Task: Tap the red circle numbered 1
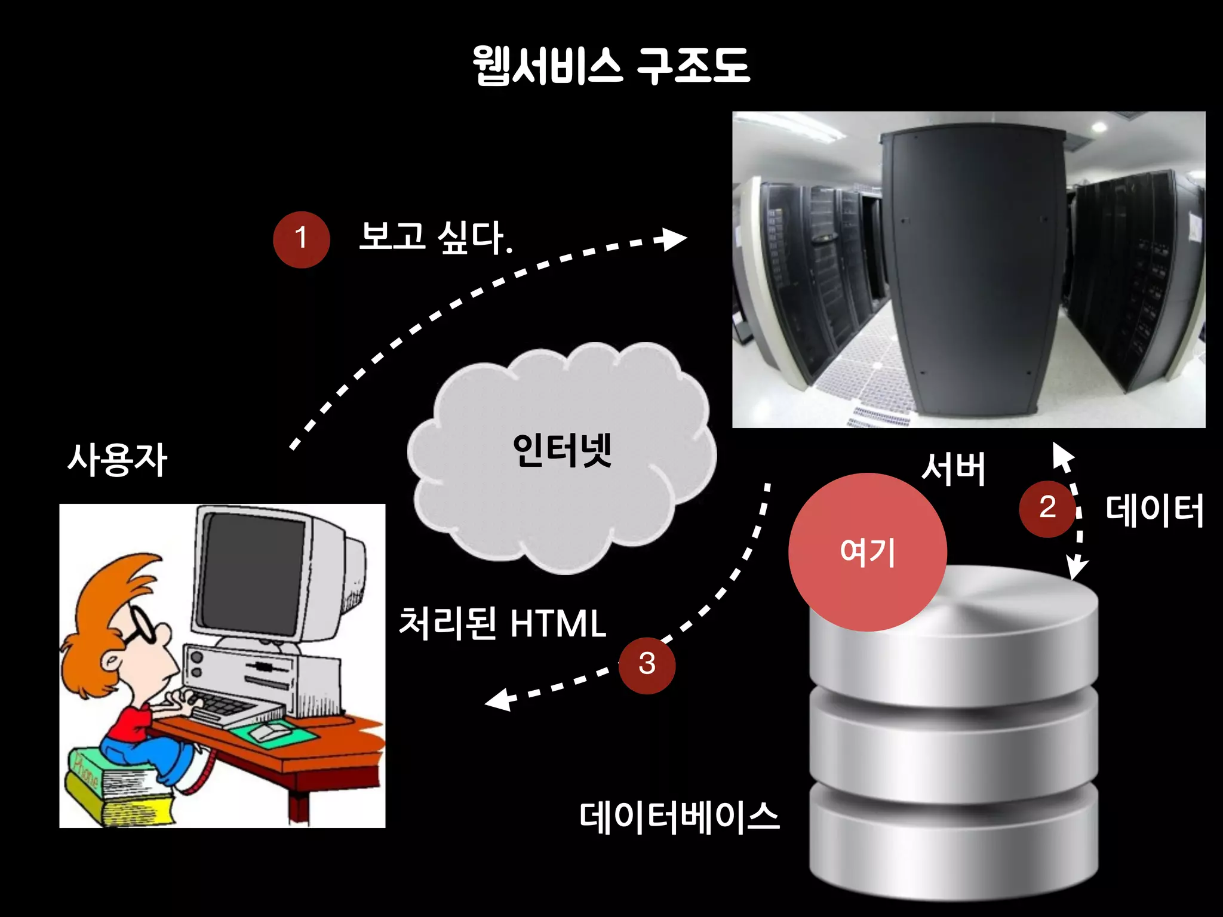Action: pyautogui.click(x=301, y=239)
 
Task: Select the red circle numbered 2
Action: pyautogui.click(x=1046, y=508)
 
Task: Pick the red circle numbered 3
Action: pyautogui.click(x=647, y=664)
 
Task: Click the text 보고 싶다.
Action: pyautogui.click(x=435, y=237)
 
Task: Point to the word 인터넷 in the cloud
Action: pyautogui.click(x=562, y=450)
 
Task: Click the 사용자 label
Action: pyautogui.click(x=117, y=460)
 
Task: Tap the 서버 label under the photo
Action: pyautogui.click(x=953, y=469)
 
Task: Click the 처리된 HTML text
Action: pyautogui.click(x=502, y=623)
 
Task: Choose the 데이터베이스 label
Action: pyautogui.click(x=680, y=817)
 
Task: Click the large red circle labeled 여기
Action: pyautogui.click(x=867, y=552)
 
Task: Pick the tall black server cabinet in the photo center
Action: pyautogui.click(x=973, y=269)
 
